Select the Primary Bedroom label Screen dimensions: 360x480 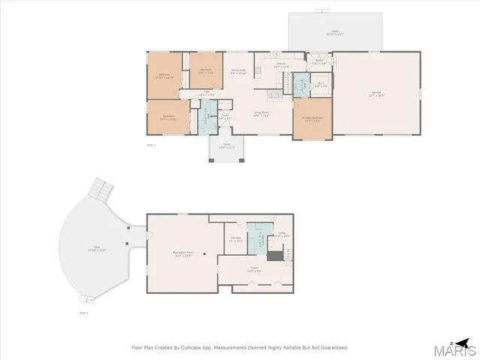pos(311,118)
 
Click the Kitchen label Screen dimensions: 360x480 pos(282,64)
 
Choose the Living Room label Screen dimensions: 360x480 pos(261,113)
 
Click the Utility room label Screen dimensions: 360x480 pos(283,235)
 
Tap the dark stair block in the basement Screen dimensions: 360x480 pos(276,256)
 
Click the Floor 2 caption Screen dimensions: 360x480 pos(151,144)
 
